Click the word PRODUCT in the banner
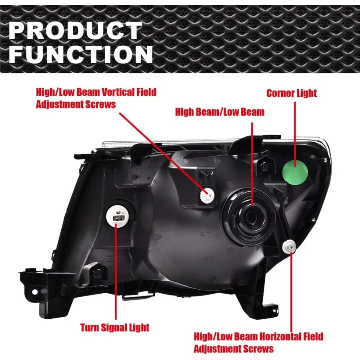coord(75,31)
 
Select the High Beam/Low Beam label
coord(220,112)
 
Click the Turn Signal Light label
coord(115,328)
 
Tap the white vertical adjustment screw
coord(207,196)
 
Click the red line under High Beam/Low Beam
coord(252,160)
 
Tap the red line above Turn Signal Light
coord(116,272)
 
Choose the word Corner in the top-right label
coord(280,94)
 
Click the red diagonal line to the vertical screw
coord(164,152)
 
